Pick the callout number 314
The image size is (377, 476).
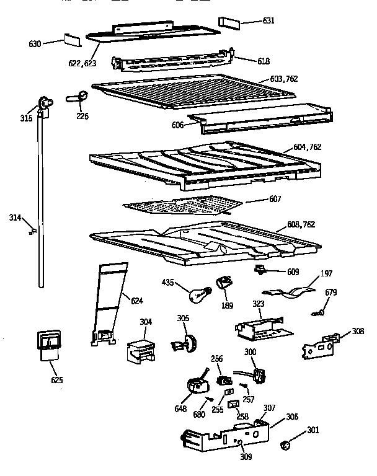(x=16, y=218)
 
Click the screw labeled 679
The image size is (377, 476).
(x=319, y=312)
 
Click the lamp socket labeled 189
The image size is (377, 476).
(x=223, y=285)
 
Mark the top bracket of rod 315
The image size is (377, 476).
(x=43, y=103)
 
